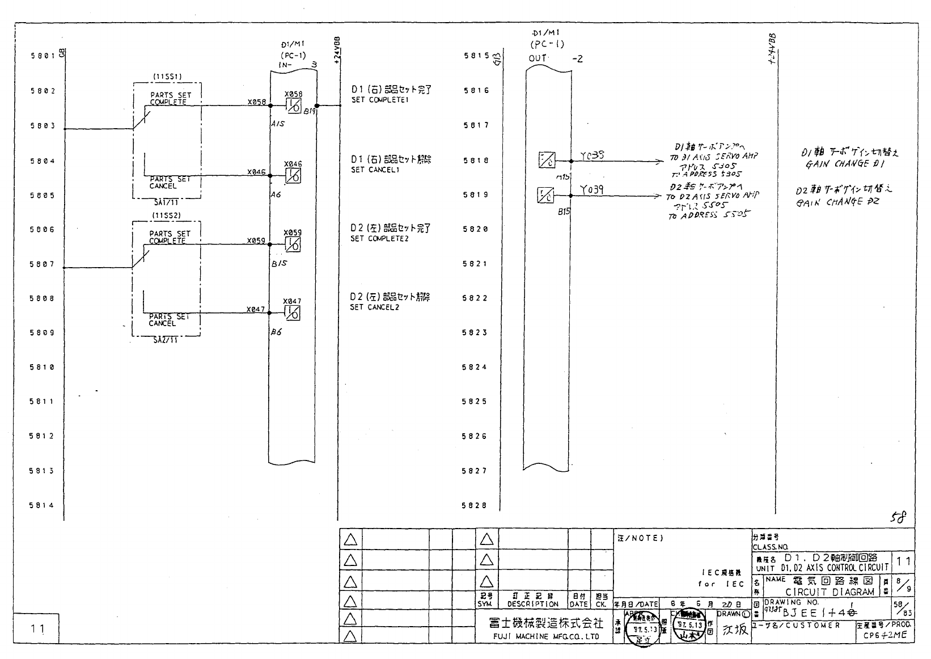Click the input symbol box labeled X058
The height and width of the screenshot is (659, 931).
293,105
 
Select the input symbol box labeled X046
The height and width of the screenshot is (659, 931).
293,176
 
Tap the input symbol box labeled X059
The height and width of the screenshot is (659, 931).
293,244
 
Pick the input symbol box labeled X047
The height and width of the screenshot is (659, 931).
293,312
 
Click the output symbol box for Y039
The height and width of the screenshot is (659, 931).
546,196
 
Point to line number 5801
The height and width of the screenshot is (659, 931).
43,56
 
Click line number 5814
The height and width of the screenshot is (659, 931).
43,505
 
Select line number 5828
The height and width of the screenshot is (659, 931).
475,505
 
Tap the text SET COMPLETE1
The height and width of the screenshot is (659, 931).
379,100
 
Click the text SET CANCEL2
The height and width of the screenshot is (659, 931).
374,307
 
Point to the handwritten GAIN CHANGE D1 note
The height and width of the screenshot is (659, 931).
845,164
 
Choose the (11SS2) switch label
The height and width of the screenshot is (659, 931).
166,215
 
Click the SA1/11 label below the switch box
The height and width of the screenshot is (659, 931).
166,201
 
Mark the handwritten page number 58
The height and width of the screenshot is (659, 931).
898,517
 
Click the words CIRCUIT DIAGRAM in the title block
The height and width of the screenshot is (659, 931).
830,592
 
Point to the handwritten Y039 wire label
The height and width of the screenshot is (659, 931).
591,190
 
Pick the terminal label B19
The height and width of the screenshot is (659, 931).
309,112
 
